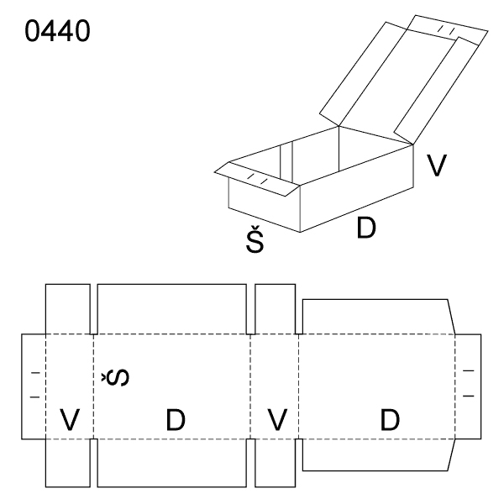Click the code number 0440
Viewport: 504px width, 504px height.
pos(57,31)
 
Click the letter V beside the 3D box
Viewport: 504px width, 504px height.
pos(437,165)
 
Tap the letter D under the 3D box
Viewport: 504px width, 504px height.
pos(366,228)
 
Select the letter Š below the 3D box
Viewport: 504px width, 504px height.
pos(255,239)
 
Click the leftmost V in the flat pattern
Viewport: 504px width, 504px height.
pos(70,419)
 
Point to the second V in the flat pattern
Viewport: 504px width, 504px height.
pos(277,419)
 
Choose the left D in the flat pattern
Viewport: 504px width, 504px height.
pos(176,420)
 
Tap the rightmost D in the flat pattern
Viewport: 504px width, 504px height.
pos(390,420)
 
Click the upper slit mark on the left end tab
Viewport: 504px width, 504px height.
pos(35,373)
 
